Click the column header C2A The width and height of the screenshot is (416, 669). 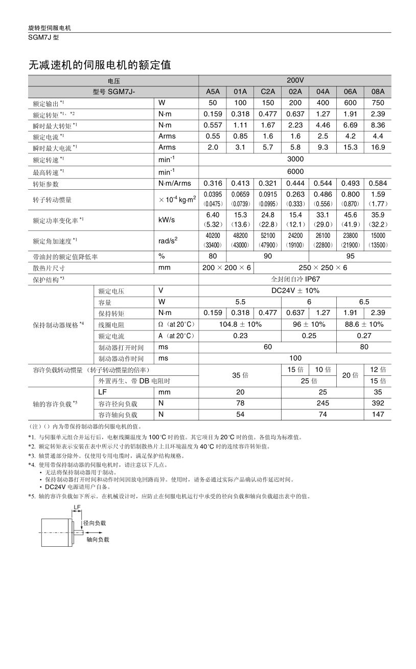coord(268,92)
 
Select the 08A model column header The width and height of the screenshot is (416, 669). coord(378,92)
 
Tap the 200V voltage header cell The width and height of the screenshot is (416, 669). coord(295,81)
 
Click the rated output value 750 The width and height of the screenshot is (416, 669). coord(378,103)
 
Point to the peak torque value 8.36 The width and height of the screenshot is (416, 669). coord(378,125)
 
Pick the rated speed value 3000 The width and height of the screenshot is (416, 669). coord(295,159)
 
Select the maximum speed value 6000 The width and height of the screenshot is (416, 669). coord(295,171)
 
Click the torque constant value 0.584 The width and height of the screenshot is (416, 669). coord(378,183)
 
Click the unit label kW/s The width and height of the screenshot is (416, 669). coord(167,219)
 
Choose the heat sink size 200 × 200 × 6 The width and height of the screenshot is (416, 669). coord(226,267)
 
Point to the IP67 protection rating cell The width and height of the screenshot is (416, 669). coord(295,279)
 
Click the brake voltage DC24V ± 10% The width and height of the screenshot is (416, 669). coord(295,291)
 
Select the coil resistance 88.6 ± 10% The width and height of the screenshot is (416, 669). coord(364,324)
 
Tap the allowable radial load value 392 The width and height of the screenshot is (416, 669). coord(378,403)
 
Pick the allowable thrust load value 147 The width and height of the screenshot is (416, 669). coord(378,414)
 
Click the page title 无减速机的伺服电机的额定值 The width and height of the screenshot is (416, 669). coord(99,65)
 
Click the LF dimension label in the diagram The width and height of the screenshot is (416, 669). coord(77,507)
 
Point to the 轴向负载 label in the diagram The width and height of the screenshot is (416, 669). coord(98,539)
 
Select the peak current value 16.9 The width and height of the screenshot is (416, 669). coord(378,147)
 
